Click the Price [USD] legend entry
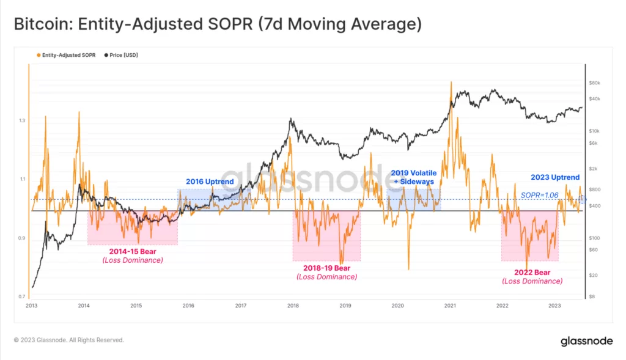(122, 55)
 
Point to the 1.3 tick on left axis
(21, 120)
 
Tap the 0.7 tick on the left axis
(21, 296)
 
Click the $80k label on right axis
(595, 83)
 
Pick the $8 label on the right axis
(592, 296)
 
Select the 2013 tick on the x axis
(32, 305)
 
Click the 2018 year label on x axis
(293, 305)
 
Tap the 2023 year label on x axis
(554, 305)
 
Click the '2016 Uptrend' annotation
(210, 182)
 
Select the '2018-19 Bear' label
(326, 268)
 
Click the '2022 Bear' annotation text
(532, 272)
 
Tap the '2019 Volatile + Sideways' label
(413, 177)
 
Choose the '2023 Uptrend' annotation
(555, 178)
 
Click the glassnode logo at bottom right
(586, 341)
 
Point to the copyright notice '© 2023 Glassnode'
(68, 340)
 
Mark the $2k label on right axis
(594, 168)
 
